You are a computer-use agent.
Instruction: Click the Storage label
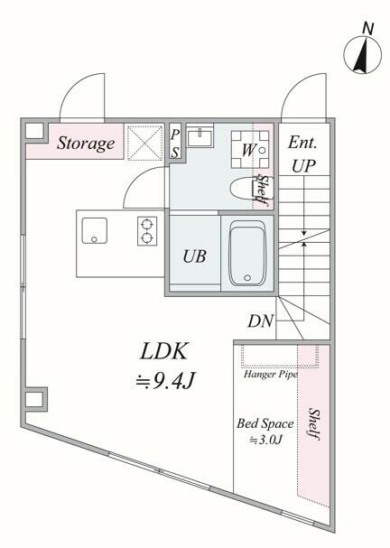coord(86,144)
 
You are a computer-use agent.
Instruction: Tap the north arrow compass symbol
coord(362,55)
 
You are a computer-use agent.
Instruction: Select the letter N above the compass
coord(368,28)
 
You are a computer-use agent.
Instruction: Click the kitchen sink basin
coord(95,230)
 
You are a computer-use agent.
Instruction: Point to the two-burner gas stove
coord(147,230)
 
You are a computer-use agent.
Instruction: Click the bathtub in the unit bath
coord(247,253)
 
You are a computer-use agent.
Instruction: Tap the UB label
coord(194,256)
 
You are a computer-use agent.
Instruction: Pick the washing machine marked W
coord(250,150)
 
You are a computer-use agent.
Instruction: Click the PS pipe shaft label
coord(175,144)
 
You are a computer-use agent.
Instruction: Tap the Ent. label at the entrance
coord(302,143)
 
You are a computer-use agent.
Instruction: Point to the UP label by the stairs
coord(303,166)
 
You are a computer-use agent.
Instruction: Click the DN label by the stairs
coord(260,320)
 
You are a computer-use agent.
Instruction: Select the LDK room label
coord(164,351)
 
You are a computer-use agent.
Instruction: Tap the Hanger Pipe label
coord(271,375)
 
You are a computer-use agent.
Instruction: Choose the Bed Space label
coord(265,424)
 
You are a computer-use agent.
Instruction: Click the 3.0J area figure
coord(265,440)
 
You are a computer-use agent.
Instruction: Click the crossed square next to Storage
coord(145,144)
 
